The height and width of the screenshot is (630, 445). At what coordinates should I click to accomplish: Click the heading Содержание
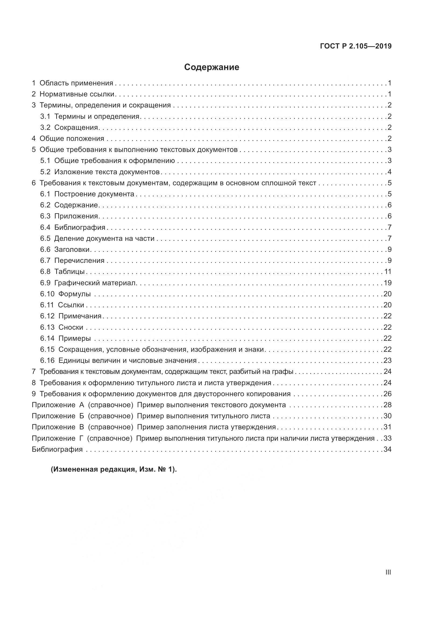pyautogui.click(x=211, y=67)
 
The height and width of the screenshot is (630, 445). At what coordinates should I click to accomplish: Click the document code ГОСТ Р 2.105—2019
pyautogui.click(x=356, y=46)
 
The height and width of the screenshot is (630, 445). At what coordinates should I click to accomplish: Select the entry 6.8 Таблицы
pyautogui.click(x=62, y=272)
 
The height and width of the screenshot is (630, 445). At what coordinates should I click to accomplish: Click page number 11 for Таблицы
pyautogui.click(x=388, y=272)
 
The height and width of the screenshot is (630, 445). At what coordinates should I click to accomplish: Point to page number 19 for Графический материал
pyautogui.click(x=387, y=283)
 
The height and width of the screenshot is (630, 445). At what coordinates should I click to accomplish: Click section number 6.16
pyautogui.click(x=47, y=360)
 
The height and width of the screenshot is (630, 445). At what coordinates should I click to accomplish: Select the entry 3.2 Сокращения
pyautogui.click(x=69, y=127)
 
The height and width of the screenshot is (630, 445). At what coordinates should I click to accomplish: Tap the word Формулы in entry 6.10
pyautogui.click(x=75, y=294)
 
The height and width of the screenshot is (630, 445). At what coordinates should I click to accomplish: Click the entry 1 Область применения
pyautogui.click(x=73, y=83)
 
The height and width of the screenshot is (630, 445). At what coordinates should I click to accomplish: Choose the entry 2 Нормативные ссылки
pyautogui.click(x=73, y=94)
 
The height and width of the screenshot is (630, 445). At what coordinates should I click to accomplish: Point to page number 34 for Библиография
pyautogui.click(x=387, y=449)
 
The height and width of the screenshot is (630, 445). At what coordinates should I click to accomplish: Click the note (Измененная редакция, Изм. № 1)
pyautogui.click(x=114, y=469)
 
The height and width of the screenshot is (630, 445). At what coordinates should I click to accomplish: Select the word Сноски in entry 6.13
pyautogui.click(x=71, y=327)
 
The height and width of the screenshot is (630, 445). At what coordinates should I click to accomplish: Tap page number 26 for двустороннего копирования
pyautogui.click(x=387, y=394)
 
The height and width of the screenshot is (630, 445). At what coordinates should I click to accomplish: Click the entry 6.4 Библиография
pyautogui.click(x=73, y=227)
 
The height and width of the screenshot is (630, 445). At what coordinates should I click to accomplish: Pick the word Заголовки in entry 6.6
pyautogui.click(x=72, y=249)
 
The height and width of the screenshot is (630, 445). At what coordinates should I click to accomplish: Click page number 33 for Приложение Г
pyautogui.click(x=387, y=438)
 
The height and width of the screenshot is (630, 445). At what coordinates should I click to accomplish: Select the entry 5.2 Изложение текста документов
pyautogui.click(x=100, y=172)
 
